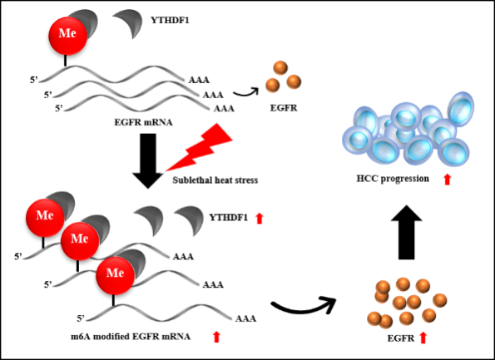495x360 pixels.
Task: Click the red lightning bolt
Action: (x=200, y=148)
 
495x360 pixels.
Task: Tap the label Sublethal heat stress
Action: (x=215, y=180)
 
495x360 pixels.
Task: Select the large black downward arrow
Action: (x=148, y=161)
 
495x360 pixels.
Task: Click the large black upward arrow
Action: (x=406, y=232)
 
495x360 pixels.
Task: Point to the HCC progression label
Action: (x=393, y=179)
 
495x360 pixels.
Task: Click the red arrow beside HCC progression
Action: (x=447, y=180)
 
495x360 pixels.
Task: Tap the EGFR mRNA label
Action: (x=143, y=122)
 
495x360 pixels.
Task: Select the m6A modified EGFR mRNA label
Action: (x=131, y=337)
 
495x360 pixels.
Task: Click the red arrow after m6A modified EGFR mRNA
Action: (x=216, y=337)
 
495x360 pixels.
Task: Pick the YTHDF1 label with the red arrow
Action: (x=229, y=217)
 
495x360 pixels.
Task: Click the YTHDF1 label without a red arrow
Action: (x=170, y=21)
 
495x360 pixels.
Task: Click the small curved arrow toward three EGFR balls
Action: (x=245, y=92)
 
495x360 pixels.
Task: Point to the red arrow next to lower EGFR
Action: (x=423, y=338)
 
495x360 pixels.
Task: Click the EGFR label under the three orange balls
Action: (x=284, y=108)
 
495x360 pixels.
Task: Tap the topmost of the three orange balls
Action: (x=280, y=68)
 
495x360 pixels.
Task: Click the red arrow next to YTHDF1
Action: (x=260, y=219)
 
